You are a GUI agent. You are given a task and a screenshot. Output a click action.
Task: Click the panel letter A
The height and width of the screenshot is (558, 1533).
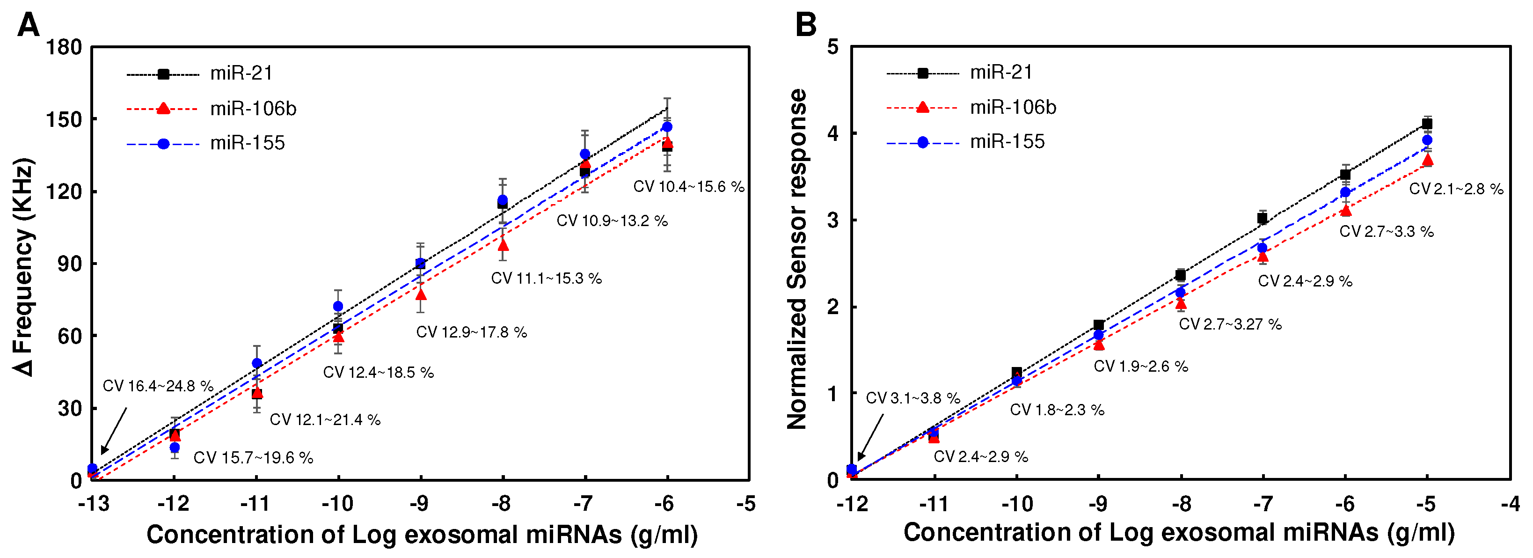(28, 25)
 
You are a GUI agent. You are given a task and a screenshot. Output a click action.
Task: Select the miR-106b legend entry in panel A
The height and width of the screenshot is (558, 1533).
(252, 109)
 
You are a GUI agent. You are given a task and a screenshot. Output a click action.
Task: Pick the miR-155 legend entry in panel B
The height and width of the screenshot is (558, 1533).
(1007, 142)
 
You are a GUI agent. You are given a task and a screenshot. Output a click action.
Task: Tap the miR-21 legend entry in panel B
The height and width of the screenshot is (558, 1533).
(1001, 72)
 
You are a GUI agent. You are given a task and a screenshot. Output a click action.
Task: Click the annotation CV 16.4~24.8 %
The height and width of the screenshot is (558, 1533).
(158, 386)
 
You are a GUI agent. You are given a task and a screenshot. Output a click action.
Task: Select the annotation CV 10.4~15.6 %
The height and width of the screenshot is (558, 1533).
(688, 186)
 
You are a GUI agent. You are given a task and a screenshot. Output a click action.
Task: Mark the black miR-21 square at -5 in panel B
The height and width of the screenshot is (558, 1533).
(1426, 124)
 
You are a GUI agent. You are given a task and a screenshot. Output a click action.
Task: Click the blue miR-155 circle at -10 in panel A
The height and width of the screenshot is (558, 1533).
(338, 306)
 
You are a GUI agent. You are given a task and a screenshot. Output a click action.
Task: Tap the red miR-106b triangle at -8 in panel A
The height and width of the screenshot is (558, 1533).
(503, 245)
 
